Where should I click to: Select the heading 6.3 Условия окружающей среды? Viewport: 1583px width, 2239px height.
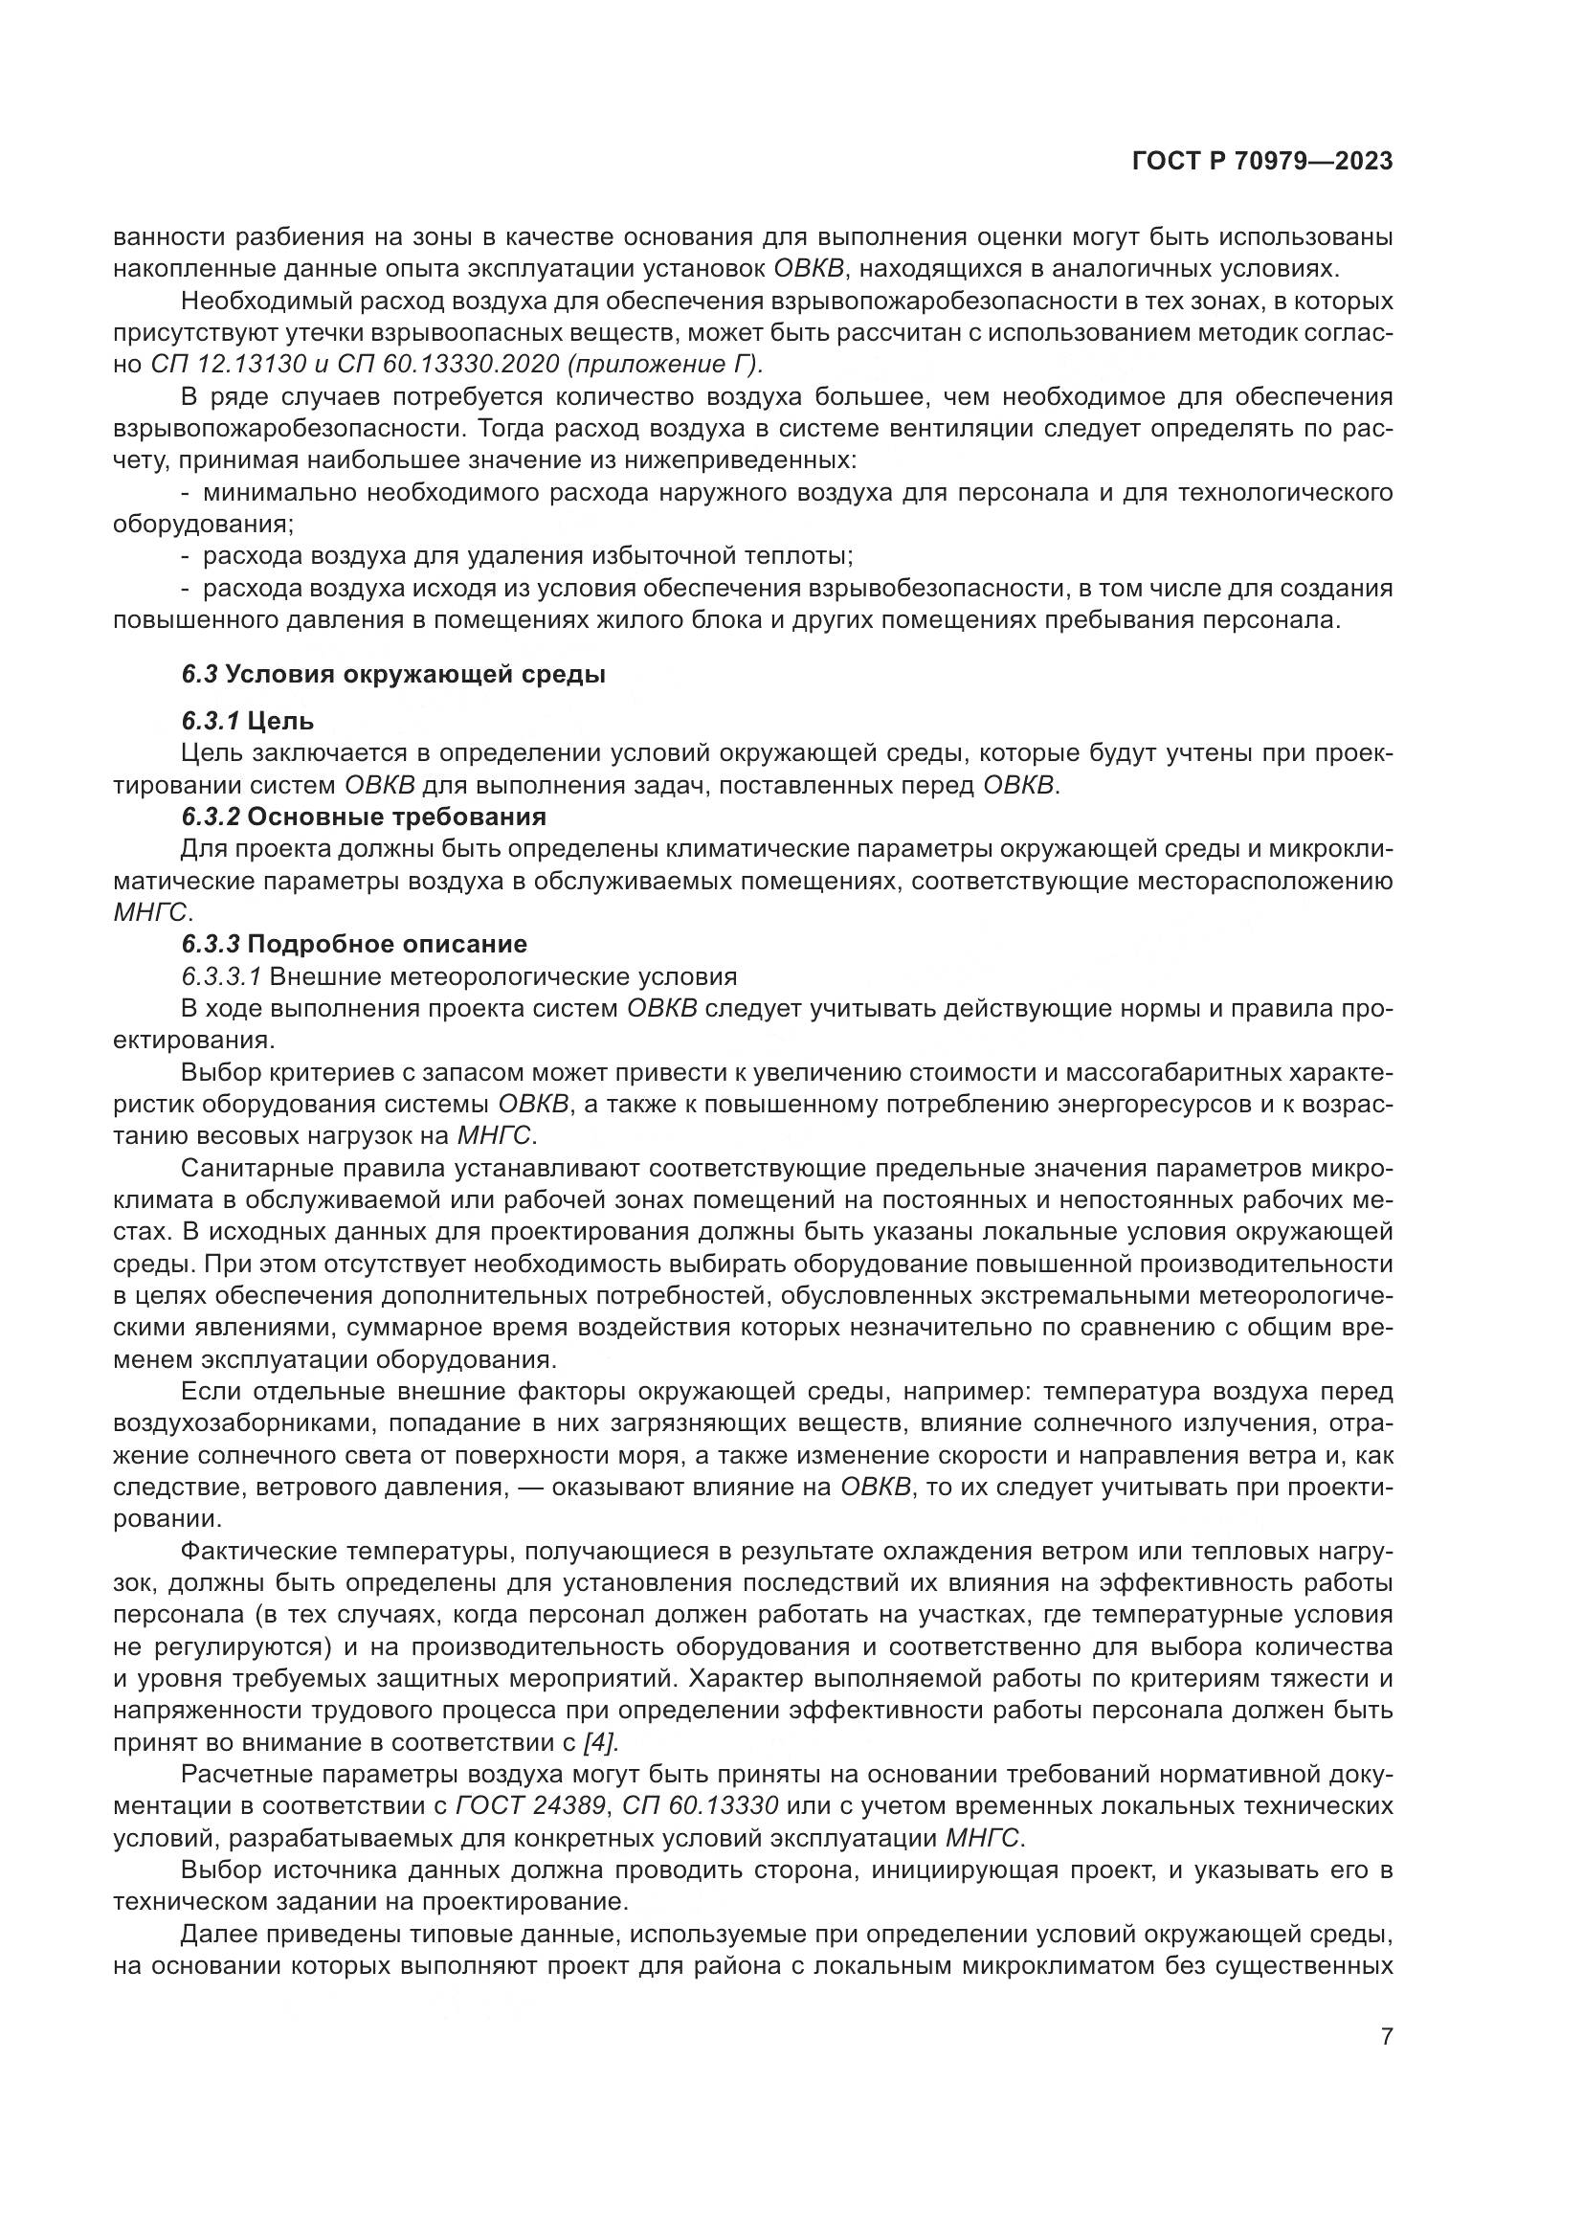tap(392, 674)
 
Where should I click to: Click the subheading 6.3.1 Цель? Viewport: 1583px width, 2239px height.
tap(248, 722)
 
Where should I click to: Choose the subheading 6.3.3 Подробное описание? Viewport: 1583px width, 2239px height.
tap(354, 944)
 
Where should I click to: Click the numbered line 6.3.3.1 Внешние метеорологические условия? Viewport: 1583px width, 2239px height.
tap(459, 976)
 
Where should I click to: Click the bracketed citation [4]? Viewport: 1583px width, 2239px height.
tap(599, 1741)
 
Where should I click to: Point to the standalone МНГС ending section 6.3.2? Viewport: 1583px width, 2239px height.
tap(151, 913)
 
